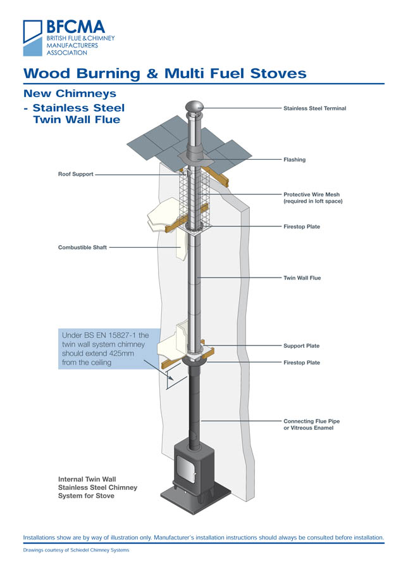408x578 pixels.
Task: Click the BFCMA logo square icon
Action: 32,32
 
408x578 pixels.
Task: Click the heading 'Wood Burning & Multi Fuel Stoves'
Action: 164,74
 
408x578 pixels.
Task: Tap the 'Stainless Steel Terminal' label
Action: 314,108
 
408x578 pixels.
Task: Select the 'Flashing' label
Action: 294,160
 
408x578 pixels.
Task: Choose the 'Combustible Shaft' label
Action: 82,247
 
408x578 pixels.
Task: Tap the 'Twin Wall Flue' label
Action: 302,278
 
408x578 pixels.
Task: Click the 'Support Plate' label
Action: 301,346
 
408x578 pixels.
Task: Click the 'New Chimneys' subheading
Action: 69,94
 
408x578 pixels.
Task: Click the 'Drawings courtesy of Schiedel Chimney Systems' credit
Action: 76,550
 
